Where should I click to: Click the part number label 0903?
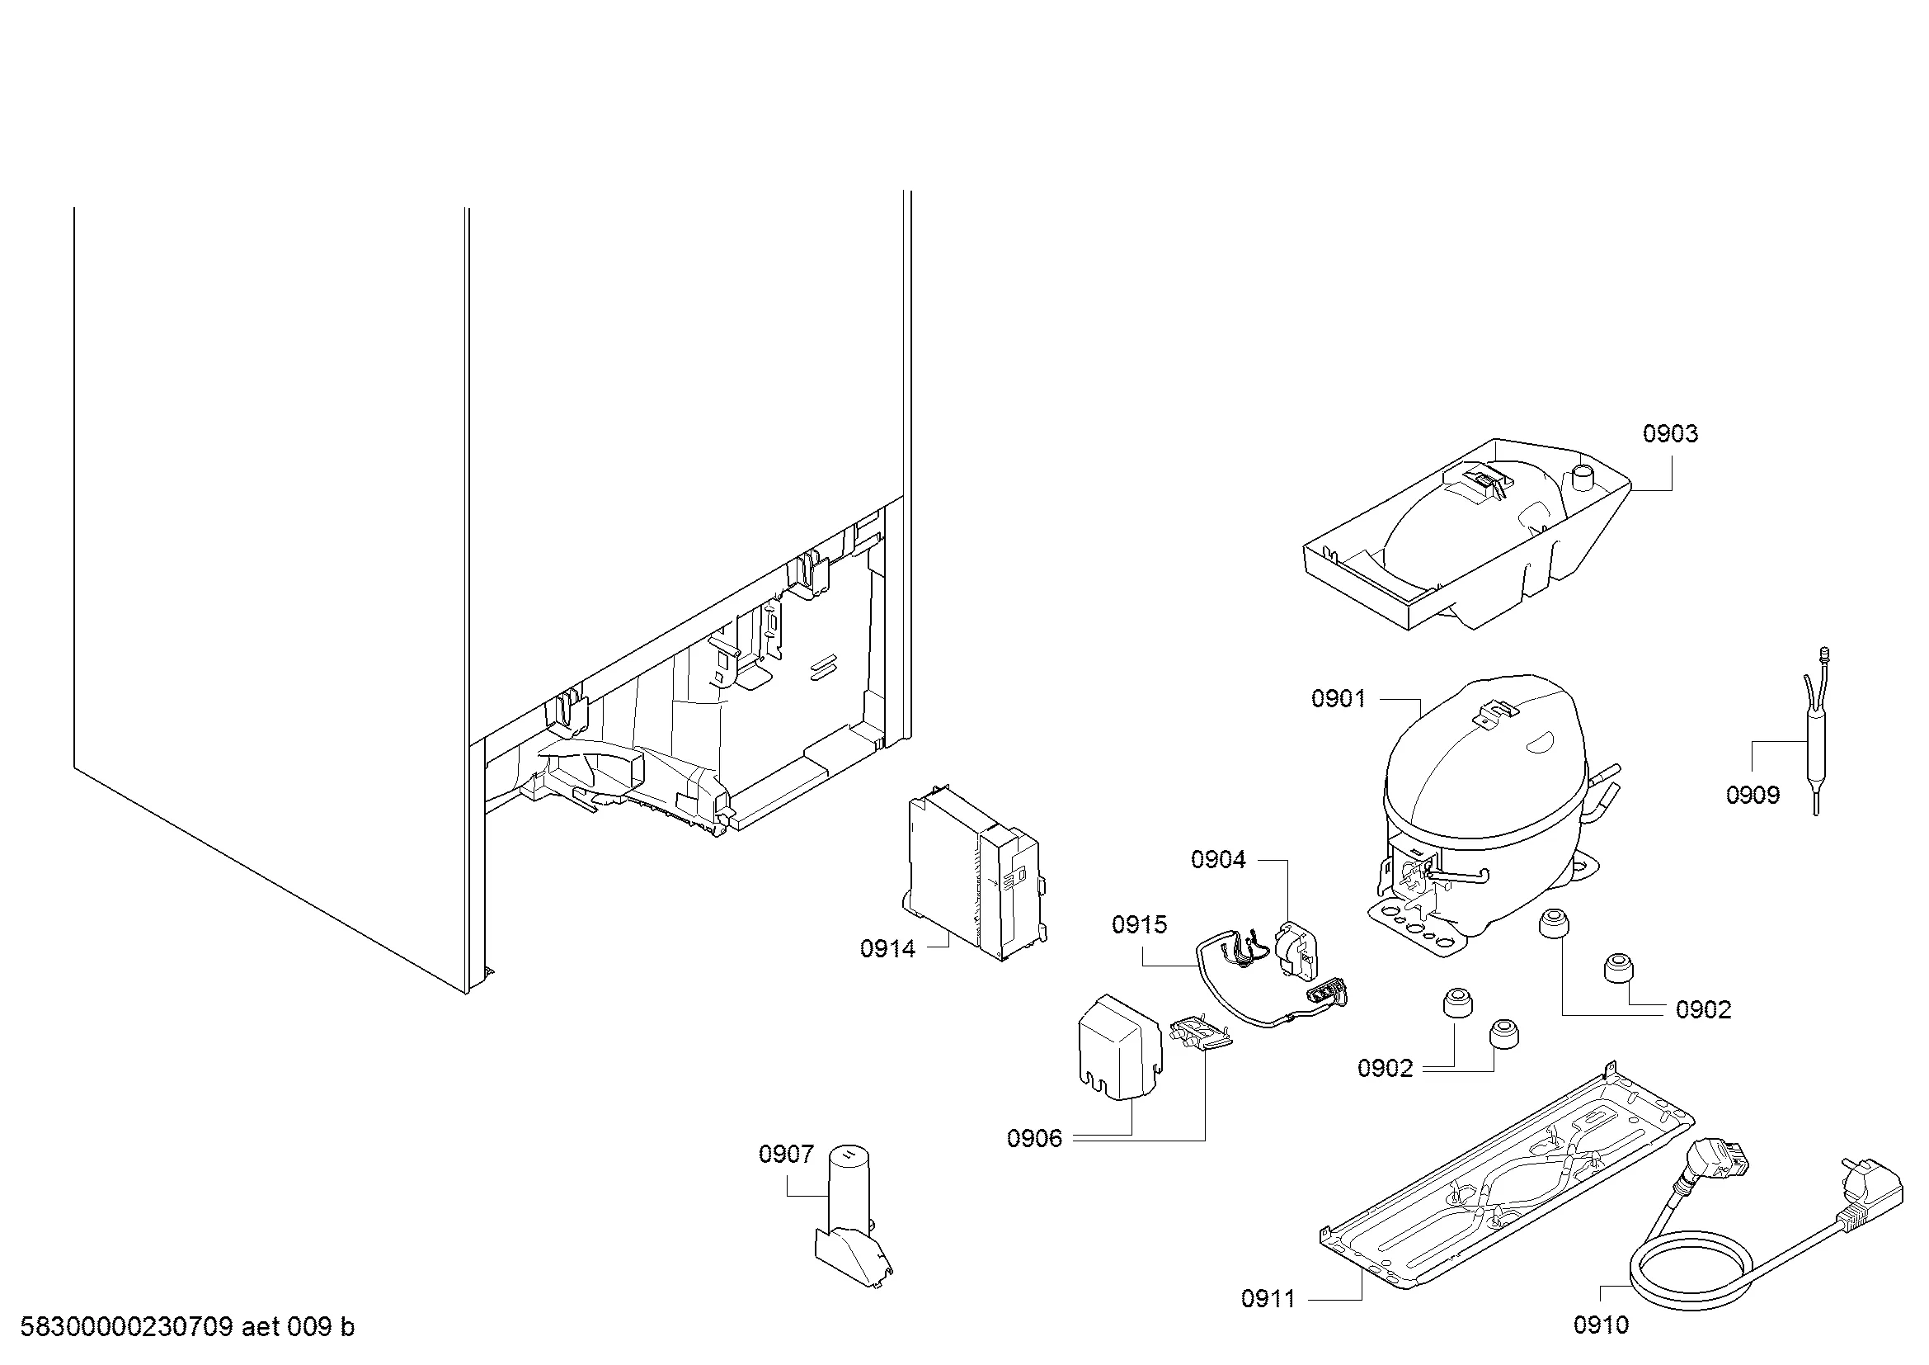[1670, 434]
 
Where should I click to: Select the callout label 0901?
[1339, 698]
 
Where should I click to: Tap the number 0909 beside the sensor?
[1753, 795]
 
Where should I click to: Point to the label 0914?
[887, 949]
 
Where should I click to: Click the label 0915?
[1139, 924]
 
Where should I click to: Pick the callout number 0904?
[1218, 859]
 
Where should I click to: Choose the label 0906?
[1034, 1138]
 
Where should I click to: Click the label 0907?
[787, 1155]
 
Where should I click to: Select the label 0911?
[1268, 1299]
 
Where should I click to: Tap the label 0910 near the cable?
[1602, 1325]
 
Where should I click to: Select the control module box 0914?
[975, 874]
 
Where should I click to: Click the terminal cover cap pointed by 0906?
[1120, 1046]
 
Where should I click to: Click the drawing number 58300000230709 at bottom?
[126, 1327]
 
